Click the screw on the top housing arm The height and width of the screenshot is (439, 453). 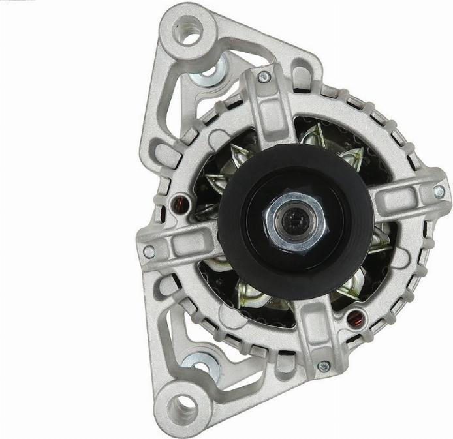[x=264, y=77]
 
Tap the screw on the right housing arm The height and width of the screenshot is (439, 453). [x=439, y=192]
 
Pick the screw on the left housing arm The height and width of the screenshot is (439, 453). [x=149, y=252]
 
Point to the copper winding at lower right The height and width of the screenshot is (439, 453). [x=356, y=320]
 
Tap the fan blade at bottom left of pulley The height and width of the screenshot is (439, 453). [x=251, y=297]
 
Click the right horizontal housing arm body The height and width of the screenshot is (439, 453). [x=405, y=196]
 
